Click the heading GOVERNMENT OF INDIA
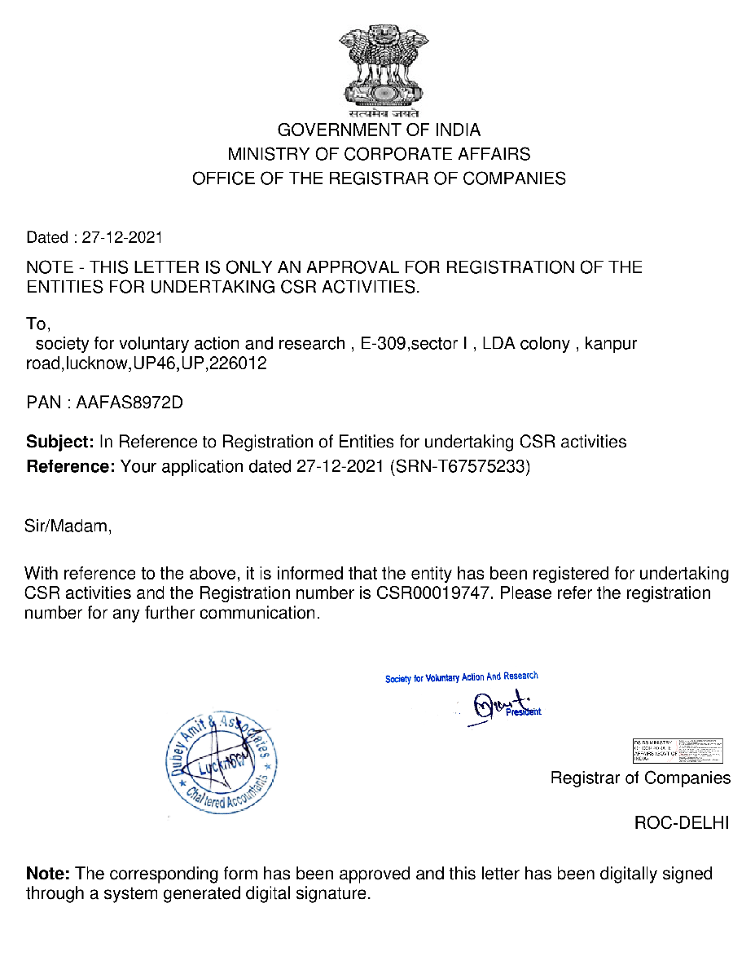tap(379, 130)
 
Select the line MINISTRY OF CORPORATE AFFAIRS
tap(379, 154)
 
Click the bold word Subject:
tap(60, 442)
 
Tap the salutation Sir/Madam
tap(68, 526)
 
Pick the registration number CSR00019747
tap(435, 593)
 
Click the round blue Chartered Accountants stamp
tap(222, 763)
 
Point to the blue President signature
tap(501, 706)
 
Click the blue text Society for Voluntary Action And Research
tap(462, 677)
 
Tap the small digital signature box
tap(678, 750)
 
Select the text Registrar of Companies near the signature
tap(640, 778)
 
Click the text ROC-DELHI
tap(681, 823)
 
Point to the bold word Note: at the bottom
tap(48, 874)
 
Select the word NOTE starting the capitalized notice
tap(50, 267)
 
